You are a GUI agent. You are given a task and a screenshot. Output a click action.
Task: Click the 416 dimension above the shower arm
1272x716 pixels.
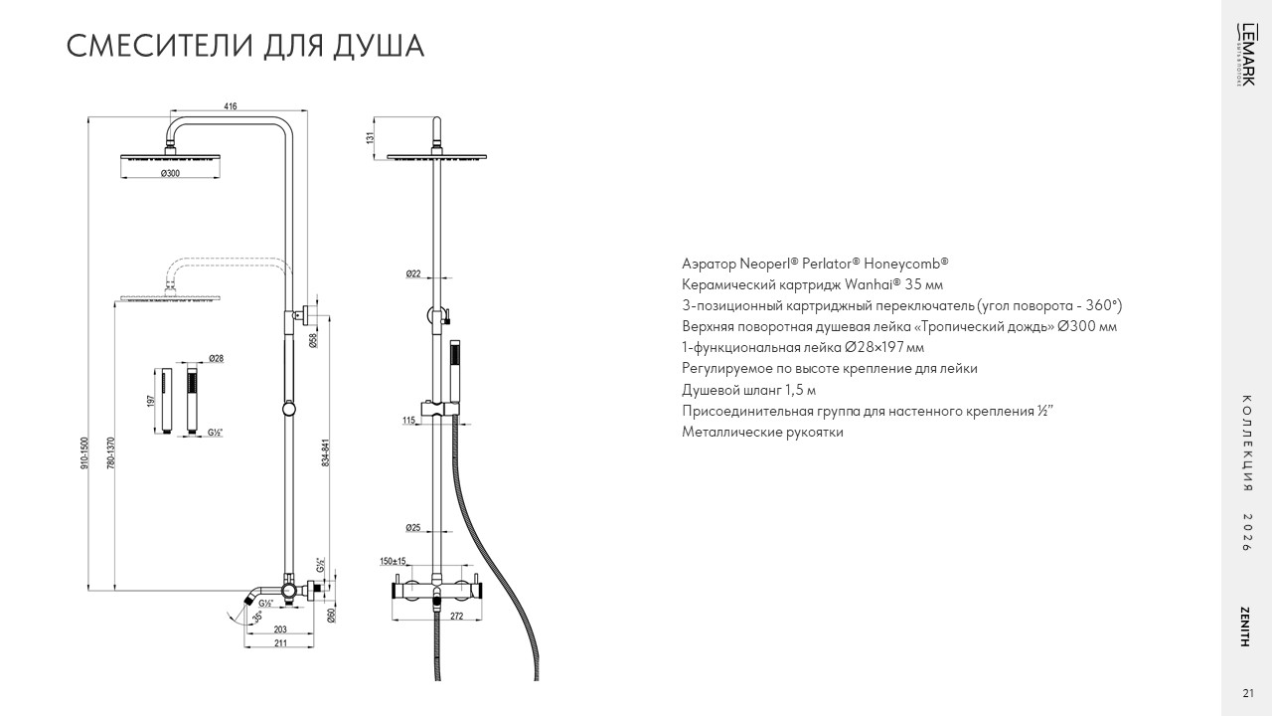pos(230,106)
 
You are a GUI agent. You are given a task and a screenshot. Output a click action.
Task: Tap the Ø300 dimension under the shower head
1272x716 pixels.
pos(170,173)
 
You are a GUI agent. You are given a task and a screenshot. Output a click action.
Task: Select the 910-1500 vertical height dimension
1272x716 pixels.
pos(84,452)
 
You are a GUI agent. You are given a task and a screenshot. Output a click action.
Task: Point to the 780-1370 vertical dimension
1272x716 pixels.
pos(111,452)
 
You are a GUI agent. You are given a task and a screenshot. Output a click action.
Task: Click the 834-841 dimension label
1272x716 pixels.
pos(325,452)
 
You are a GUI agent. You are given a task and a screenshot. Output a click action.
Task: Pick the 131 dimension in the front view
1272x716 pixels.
pos(371,137)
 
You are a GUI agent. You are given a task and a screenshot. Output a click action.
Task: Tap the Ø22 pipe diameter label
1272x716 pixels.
pos(413,273)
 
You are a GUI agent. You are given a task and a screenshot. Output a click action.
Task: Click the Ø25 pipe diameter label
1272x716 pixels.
pos(413,528)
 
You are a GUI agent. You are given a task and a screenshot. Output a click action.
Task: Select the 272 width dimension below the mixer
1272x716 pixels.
pos(456,616)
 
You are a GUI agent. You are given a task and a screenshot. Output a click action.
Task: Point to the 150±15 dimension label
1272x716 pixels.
pos(393,562)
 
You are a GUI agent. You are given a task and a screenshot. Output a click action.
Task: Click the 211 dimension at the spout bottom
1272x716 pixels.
pos(280,643)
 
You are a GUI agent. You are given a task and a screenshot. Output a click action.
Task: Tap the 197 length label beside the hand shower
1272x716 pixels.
pos(150,401)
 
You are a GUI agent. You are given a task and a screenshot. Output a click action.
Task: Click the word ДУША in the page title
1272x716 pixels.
pos(379,47)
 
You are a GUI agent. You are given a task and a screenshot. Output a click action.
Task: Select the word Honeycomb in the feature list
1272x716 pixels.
pos(905,264)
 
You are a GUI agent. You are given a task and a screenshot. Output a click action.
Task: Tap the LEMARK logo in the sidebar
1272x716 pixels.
pos(1245,55)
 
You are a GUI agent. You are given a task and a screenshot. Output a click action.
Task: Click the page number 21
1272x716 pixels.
pos(1247,693)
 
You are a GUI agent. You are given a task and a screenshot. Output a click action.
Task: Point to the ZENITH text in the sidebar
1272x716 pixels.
pos(1245,626)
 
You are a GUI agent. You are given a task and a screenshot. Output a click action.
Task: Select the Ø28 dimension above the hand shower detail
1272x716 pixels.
pos(216,359)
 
